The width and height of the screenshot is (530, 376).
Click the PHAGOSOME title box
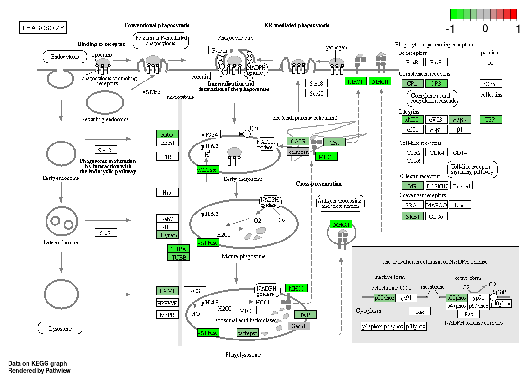[x=43, y=27]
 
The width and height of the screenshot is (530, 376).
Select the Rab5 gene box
[x=167, y=134]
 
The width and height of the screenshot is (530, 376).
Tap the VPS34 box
[x=210, y=134]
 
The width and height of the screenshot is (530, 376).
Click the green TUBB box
[x=178, y=257]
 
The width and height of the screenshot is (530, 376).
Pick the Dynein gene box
[x=167, y=235]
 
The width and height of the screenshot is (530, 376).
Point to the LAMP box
[x=167, y=291]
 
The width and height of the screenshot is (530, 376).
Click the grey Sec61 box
[x=299, y=326]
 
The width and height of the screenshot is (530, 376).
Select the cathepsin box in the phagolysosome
[x=248, y=333]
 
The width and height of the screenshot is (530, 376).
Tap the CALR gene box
[x=298, y=141]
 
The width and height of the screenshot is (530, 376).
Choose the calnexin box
[x=298, y=152]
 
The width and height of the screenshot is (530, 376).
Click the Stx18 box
[x=316, y=83]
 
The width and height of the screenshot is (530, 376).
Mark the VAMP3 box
[x=152, y=91]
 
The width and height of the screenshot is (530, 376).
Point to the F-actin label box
[x=219, y=50]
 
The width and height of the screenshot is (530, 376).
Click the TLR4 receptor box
[x=437, y=152]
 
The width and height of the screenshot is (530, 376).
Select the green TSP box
[x=491, y=119]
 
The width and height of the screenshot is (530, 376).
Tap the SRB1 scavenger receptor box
[x=412, y=216]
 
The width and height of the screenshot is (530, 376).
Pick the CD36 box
[x=436, y=216]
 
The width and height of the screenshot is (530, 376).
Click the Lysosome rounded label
[x=60, y=328]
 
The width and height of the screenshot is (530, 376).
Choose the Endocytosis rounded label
[x=65, y=57]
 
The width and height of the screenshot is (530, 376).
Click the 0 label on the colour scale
[x=485, y=28]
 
